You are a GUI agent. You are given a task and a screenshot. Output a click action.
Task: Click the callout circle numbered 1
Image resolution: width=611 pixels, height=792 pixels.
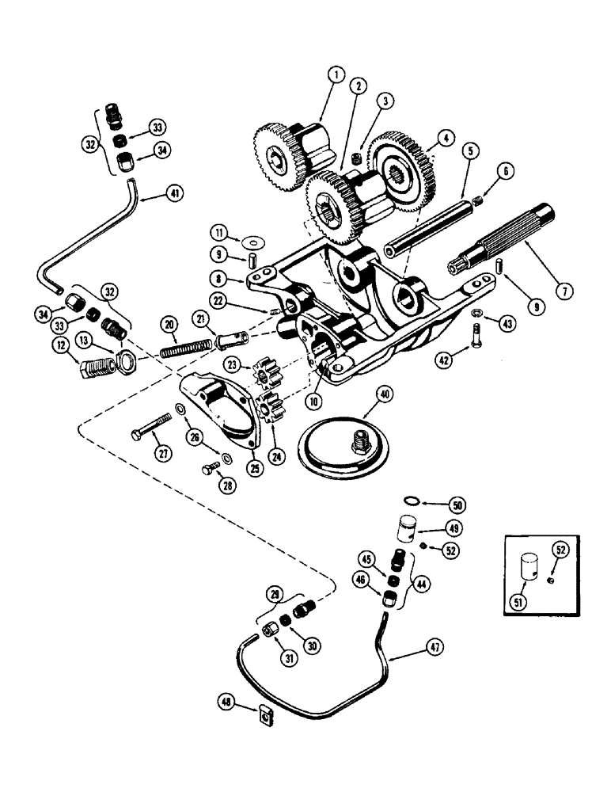tap(336, 75)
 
